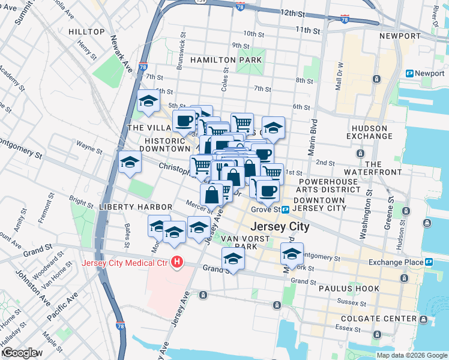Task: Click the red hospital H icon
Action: (x=177, y=262)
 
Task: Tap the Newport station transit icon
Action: (x=410, y=73)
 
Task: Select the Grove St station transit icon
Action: (x=286, y=210)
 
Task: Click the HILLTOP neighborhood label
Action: (x=86, y=32)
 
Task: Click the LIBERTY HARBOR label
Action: (x=127, y=207)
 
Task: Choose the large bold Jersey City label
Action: (x=279, y=227)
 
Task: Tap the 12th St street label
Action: (x=297, y=13)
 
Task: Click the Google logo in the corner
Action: (x=20, y=353)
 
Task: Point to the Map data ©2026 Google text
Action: (x=411, y=355)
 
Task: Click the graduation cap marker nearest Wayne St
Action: (x=130, y=163)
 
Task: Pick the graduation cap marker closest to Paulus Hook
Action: (x=292, y=254)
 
